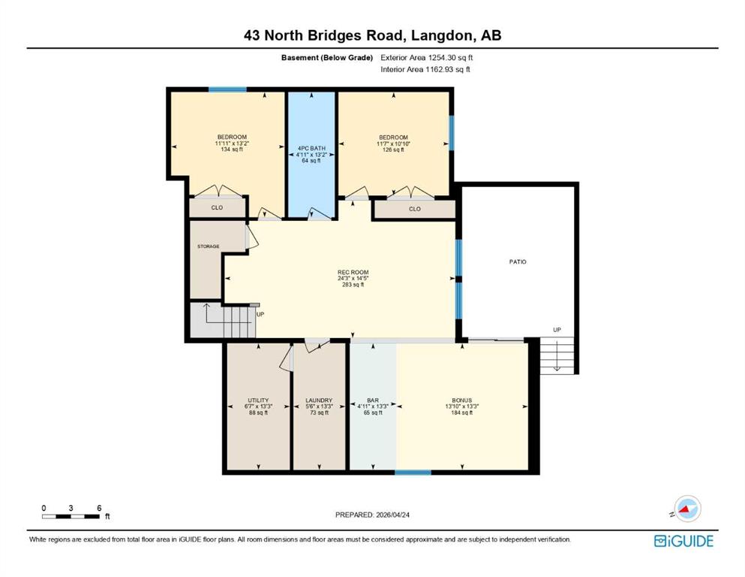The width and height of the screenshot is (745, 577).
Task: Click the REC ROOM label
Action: [353, 272]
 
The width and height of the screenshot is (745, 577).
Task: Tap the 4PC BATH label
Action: [311, 149]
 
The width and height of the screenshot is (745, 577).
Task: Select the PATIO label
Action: [518, 261]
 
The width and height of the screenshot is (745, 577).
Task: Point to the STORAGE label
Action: [208, 246]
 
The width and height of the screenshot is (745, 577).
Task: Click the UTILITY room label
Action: [258, 400]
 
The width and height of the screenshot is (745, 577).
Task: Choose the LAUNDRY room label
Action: [319, 400]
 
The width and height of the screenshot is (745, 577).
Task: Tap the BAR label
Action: [373, 400]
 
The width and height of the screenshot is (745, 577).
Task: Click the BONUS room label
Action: [462, 400]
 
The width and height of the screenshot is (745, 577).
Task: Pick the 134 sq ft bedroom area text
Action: [232, 150]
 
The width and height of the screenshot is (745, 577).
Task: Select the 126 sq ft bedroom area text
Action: [393, 150]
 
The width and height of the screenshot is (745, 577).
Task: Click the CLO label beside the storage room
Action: [217, 208]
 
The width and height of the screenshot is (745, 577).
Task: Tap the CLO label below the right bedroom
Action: [415, 209]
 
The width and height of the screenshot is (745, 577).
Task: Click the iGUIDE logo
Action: [683, 542]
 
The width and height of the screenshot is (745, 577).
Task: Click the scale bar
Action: [71, 517]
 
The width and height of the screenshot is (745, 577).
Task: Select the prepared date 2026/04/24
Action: [392, 515]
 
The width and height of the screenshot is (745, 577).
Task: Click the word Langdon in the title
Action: [442, 35]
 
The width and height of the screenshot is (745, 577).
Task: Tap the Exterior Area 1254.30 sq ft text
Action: [427, 58]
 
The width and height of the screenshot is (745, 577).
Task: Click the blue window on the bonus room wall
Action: [413, 473]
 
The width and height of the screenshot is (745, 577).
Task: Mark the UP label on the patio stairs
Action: [557, 330]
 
